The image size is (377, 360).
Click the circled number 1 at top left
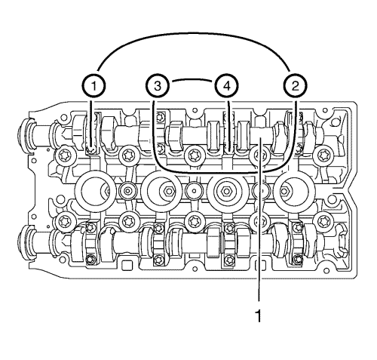[x=94, y=85]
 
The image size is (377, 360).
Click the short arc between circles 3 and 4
[x=192, y=78]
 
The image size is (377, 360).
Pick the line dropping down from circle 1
[x=94, y=121]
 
